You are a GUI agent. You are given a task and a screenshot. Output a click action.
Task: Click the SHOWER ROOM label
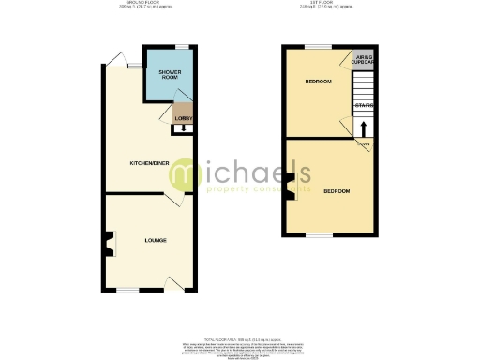(x=169, y=75)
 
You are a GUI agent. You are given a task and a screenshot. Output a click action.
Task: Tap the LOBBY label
(x=183, y=118)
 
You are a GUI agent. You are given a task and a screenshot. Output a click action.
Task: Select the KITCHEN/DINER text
(x=149, y=162)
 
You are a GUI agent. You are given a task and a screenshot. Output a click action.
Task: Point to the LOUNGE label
(x=156, y=241)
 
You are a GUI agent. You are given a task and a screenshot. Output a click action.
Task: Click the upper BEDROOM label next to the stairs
(x=319, y=82)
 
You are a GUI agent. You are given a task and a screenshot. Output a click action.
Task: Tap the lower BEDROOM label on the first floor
(x=337, y=191)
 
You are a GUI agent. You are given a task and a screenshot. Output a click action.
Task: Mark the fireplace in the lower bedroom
(x=292, y=186)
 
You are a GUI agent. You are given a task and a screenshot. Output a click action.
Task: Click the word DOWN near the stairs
(x=363, y=143)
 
